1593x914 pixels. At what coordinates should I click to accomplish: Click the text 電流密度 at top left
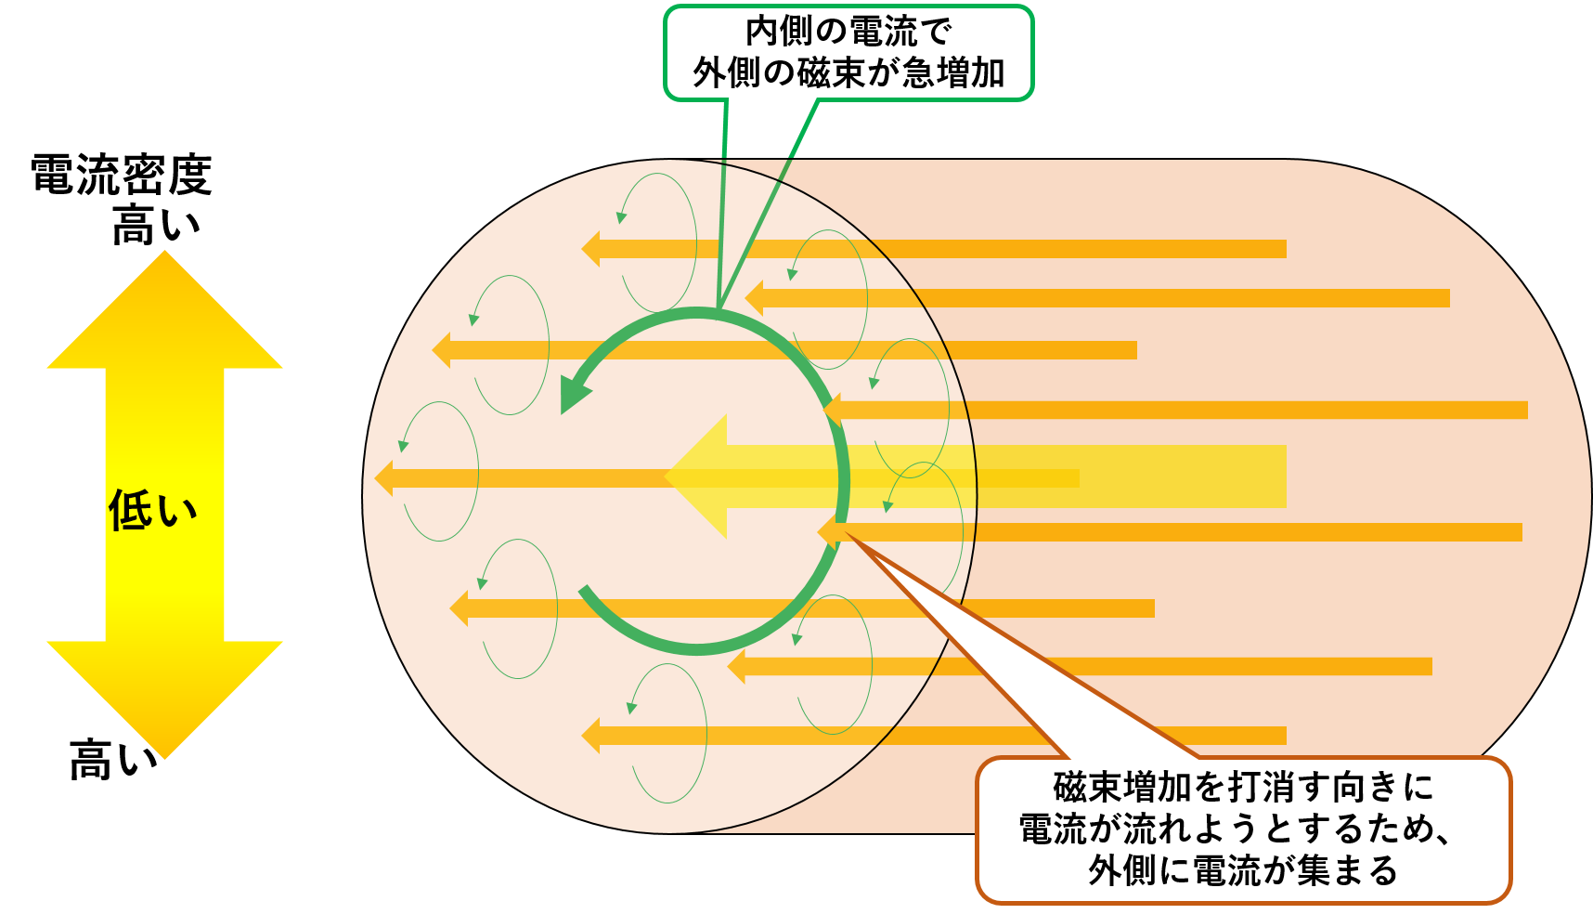pyautogui.click(x=122, y=175)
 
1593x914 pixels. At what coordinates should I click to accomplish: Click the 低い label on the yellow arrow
pyautogui.click(x=153, y=510)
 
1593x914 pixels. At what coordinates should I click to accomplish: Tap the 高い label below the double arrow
pyautogui.click(x=113, y=759)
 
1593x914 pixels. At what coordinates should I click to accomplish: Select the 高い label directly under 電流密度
pyautogui.click(x=156, y=225)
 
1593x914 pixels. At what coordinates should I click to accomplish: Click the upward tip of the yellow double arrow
pyautogui.click(x=165, y=253)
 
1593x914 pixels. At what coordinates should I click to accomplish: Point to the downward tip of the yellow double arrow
pyautogui.click(x=165, y=758)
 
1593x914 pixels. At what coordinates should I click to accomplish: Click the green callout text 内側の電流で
pyautogui.click(x=848, y=32)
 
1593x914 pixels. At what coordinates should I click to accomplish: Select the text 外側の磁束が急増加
pyautogui.click(x=848, y=72)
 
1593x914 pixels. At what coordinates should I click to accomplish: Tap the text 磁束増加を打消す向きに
pyautogui.click(x=1244, y=788)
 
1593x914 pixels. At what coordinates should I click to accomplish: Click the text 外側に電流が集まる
pyautogui.click(x=1244, y=870)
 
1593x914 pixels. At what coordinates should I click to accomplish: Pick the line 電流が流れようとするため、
pyautogui.click(x=1236, y=829)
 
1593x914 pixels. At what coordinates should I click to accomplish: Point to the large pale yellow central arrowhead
pyautogui.click(x=696, y=477)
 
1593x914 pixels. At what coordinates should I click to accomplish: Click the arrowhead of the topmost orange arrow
pyautogui.click(x=590, y=249)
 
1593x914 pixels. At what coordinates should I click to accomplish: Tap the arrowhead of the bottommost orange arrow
pyautogui.click(x=590, y=736)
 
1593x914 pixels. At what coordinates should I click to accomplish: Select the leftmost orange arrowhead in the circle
pyautogui.click(x=383, y=478)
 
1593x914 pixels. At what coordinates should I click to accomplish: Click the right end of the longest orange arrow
pyautogui.click(x=1527, y=410)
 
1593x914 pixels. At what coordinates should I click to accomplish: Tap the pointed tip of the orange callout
pyautogui.click(x=844, y=533)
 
